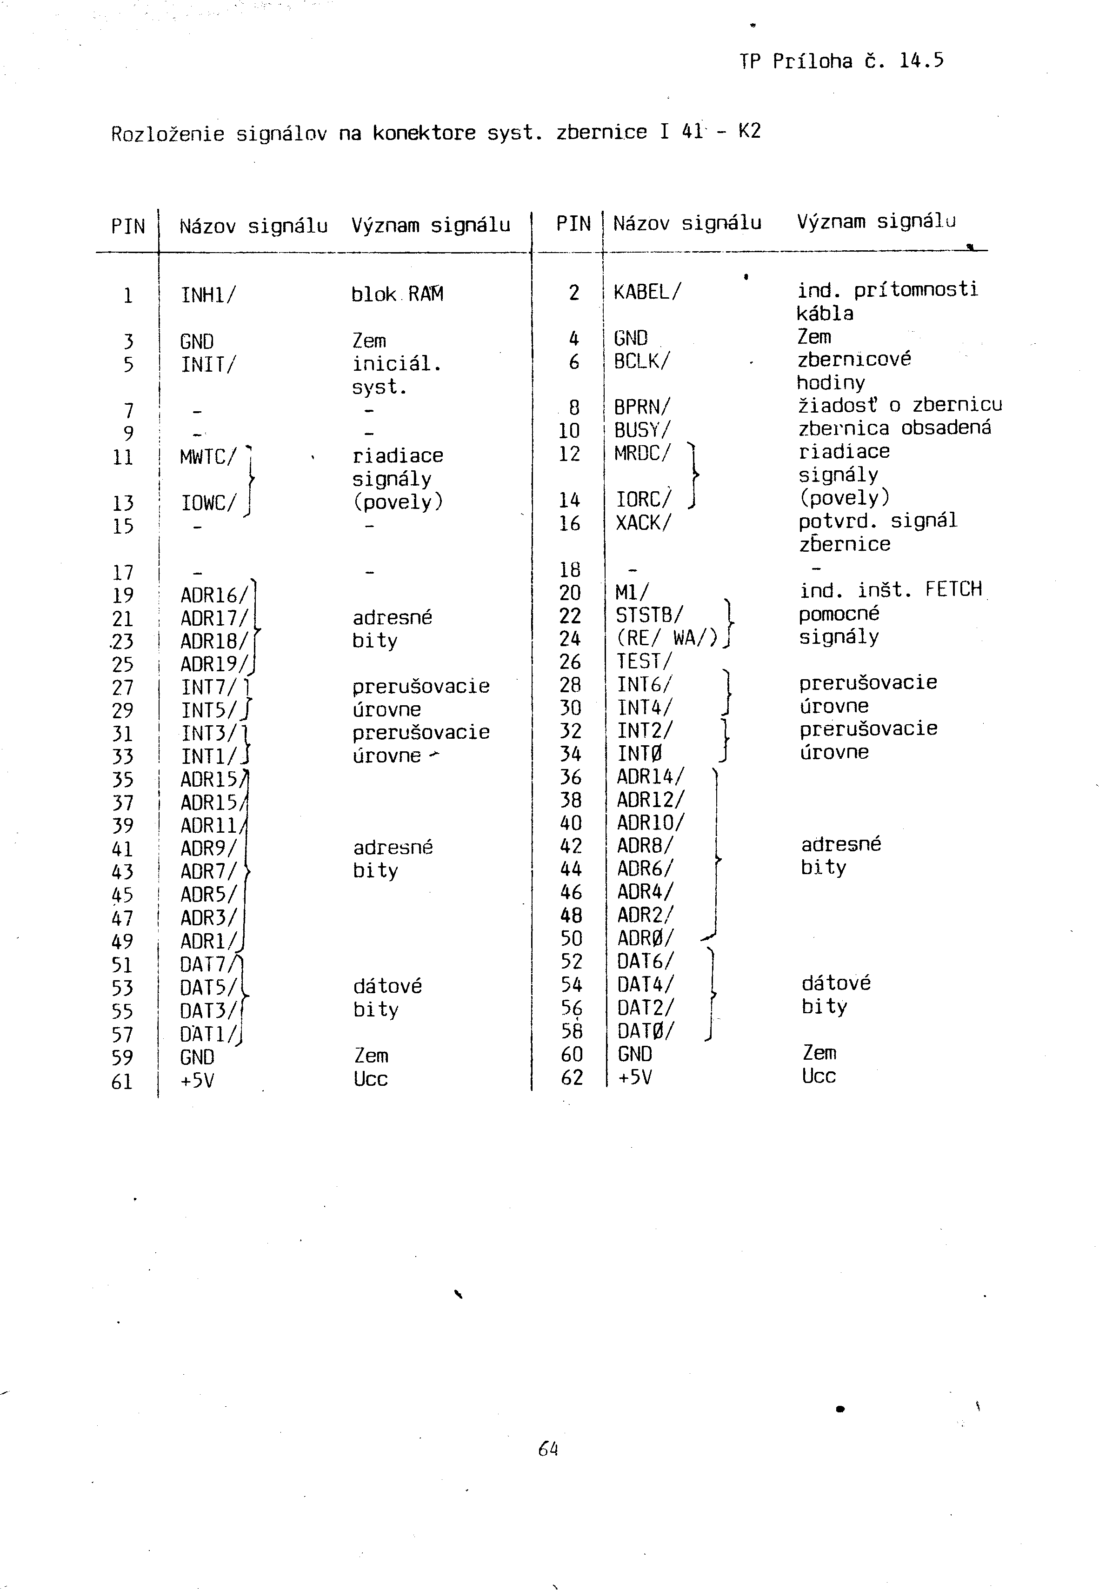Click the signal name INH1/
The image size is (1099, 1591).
(x=208, y=295)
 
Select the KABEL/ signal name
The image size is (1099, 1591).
(x=646, y=292)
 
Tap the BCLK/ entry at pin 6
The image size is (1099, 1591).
(x=641, y=361)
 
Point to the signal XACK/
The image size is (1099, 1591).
(x=643, y=523)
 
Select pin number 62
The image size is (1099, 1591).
(x=572, y=1077)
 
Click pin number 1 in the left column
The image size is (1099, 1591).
(x=127, y=296)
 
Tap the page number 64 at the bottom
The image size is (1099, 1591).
(x=548, y=1449)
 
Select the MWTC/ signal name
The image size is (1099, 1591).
(x=208, y=457)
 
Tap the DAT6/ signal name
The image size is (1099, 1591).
(x=645, y=962)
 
